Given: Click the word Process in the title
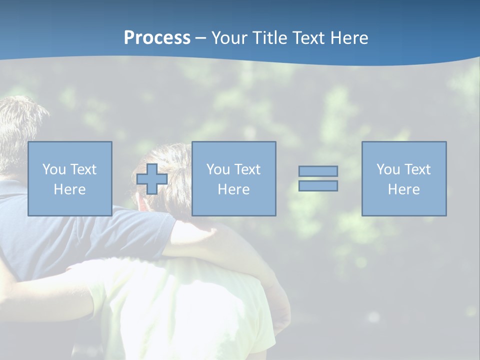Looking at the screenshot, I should click(x=157, y=38).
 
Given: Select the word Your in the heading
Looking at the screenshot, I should click(x=230, y=38).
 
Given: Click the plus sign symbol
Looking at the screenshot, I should click(x=152, y=178).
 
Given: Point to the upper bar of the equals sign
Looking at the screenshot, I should click(x=318, y=171).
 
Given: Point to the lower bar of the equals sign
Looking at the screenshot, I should click(x=318, y=185).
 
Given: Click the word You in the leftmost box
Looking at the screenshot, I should click(x=54, y=169).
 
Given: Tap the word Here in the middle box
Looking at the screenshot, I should click(x=233, y=189).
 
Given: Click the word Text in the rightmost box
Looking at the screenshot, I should click(x=417, y=169).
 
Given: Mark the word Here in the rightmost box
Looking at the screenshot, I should click(x=403, y=189).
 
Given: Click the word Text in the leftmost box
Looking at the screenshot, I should click(x=83, y=169).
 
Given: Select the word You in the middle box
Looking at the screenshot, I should click(x=218, y=169).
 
